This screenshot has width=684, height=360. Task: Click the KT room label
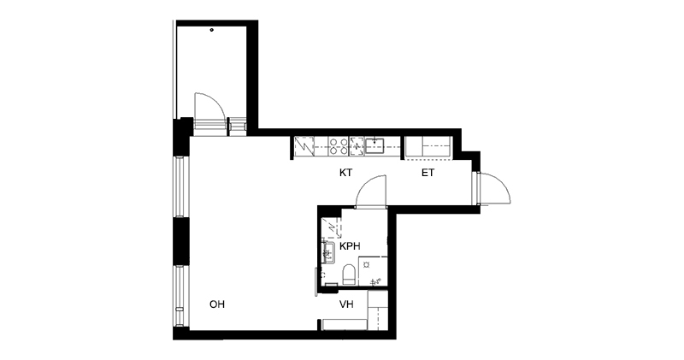tap(346, 173)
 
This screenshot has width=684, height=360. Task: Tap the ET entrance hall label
tap(428, 173)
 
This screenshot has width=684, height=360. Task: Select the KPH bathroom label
tap(351, 246)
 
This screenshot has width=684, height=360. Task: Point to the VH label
tap(347, 304)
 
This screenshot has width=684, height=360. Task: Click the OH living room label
tap(217, 304)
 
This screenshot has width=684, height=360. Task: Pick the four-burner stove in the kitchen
tap(339, 146)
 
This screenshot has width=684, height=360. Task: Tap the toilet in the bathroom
tap(349, 274)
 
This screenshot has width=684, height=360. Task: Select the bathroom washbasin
tap(327, 252)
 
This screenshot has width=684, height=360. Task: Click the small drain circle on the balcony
tap(212, 30)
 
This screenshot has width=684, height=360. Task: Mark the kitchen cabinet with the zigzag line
tap(304, 146)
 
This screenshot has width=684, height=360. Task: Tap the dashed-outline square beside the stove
tap(357, 145)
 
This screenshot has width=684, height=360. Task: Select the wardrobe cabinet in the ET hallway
tap(428, 146)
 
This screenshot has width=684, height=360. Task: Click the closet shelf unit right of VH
tap(377, 310)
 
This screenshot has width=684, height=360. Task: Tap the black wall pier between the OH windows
tap(181, 241)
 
